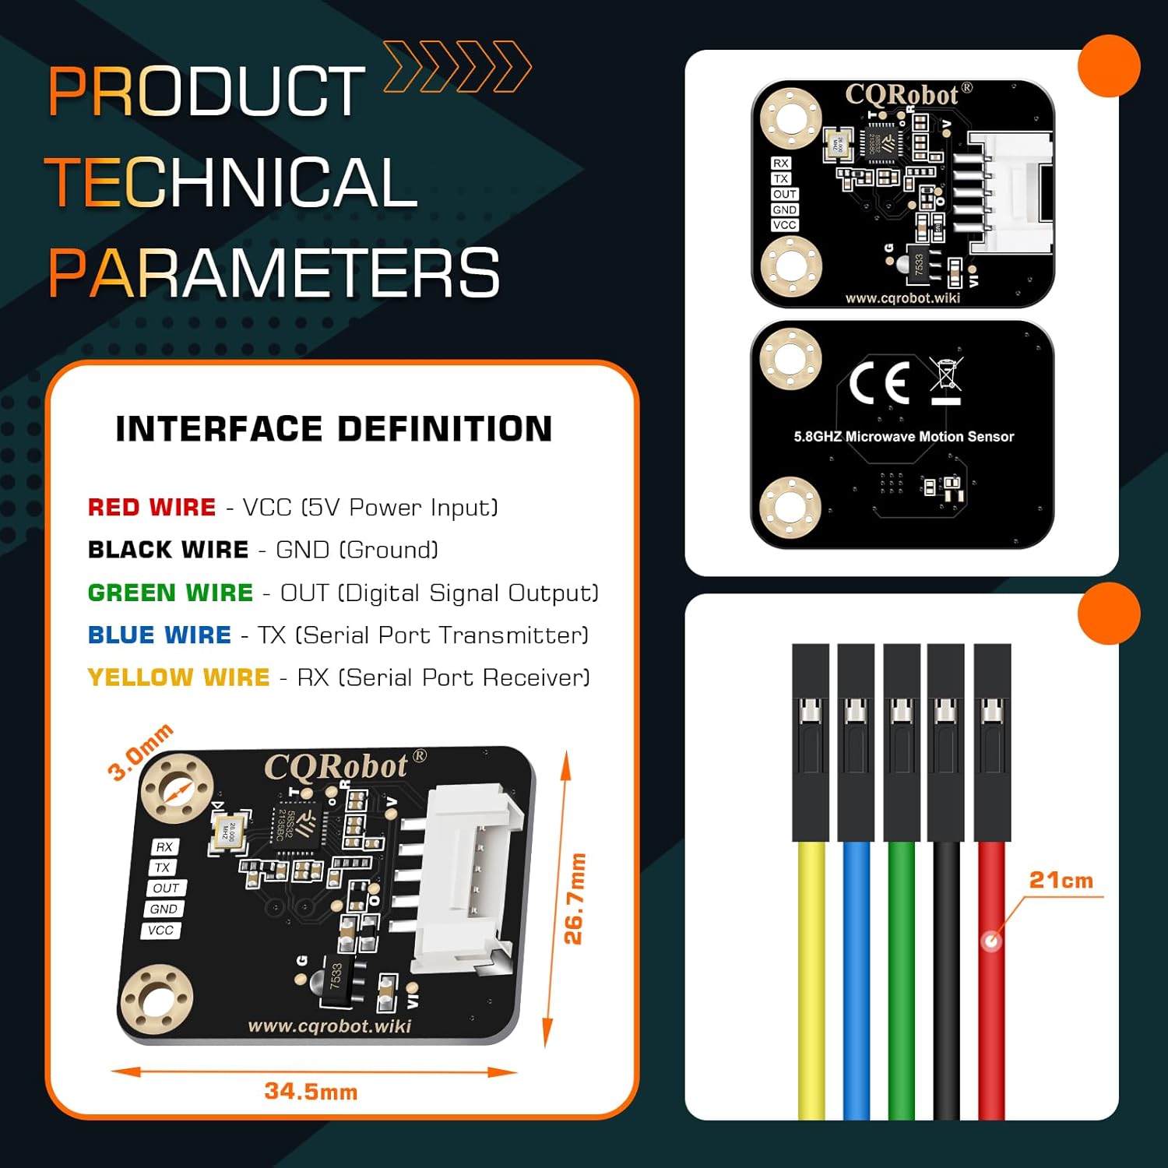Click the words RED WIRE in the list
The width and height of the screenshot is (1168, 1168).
coord(151,508)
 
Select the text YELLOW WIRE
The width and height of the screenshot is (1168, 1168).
coord(178,677)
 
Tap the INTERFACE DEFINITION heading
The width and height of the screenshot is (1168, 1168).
coord(334,429)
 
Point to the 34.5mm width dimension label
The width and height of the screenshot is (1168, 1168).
coord(311,1092)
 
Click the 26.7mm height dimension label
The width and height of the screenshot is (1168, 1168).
coord(574,899)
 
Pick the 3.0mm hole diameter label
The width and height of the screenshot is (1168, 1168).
coord(139,751)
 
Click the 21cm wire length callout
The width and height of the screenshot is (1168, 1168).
coord(1061,881)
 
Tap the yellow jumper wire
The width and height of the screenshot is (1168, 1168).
coord(811,981)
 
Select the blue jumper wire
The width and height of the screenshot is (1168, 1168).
coord(857,981)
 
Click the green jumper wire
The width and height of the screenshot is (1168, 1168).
coord(902,981)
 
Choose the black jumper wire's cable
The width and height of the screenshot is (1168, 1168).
coord(946,981)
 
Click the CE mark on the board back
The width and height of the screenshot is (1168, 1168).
coord(879,382)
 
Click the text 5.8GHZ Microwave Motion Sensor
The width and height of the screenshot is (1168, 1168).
coord(903,437)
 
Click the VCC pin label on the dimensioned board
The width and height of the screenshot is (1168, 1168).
coord(161,931)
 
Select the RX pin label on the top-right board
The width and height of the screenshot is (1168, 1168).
coord(781,164)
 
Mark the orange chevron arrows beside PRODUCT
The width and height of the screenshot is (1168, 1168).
coord(457,67)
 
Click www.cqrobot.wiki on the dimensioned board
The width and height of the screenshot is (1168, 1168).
coord(329,1026)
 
